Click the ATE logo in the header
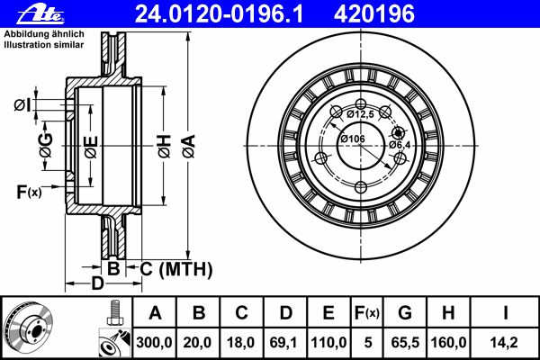tap(40, 14)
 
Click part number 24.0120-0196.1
tap(219, 14)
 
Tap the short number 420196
tap(374, 14)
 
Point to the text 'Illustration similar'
tap(44, 45)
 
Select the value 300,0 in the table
tap(154, 342)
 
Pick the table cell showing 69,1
tap(283, 342)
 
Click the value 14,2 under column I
tap(504, 342)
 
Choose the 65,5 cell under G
tap(405, 342)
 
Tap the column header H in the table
tap(448, 313)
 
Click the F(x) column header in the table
tap(367, 313)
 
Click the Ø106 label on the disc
tap(353, 139)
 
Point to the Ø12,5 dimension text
tap(360, 114)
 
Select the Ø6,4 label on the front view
tap(400, 145)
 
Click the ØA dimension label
tap(189, 147)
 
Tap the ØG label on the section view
tap(46, 146)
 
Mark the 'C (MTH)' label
tap(176, 269)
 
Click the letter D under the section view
tap(97, 283)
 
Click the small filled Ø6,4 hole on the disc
tap(399, 132)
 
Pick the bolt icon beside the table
tap(114, 313)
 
